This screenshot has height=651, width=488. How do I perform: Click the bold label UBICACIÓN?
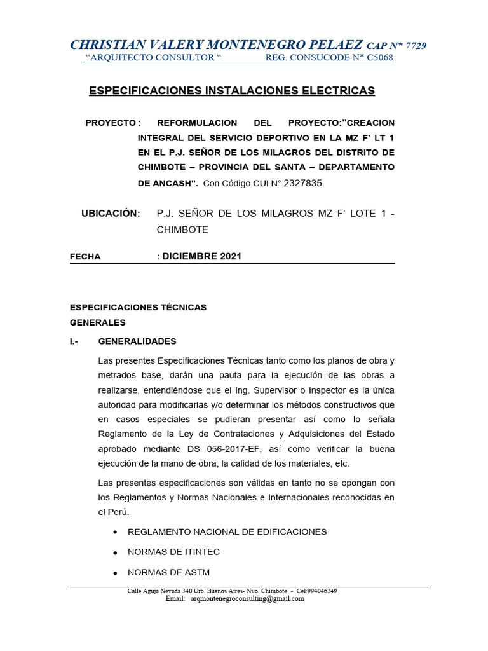111,214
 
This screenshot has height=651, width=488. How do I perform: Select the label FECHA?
85,257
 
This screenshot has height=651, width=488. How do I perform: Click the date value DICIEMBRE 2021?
201,257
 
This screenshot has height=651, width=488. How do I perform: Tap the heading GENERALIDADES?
137,341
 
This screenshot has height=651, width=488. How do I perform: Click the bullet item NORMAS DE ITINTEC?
173,552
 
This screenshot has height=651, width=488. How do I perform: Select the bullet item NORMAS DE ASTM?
168,572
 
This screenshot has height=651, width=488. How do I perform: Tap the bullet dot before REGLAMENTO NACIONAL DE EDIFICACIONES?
114,532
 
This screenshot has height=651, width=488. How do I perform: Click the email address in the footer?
247,598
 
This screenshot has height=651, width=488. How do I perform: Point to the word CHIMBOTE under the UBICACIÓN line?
182,229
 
